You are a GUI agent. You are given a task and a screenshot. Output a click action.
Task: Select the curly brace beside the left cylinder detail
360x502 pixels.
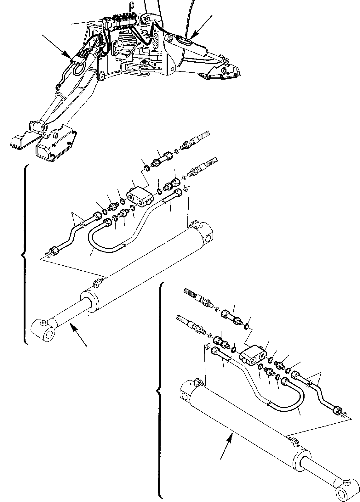click(x=25, y=255)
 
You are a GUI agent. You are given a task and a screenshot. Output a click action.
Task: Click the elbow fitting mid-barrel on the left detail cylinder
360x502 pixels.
click(x=98, y=281)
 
